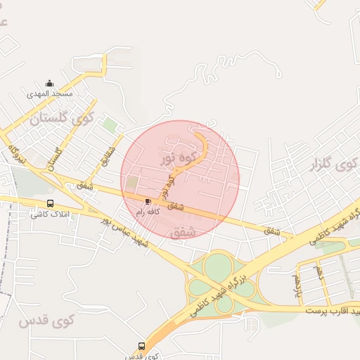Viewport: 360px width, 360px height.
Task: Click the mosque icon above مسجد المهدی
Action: click(49, 83)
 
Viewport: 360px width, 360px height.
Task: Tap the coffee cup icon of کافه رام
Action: click(147, 202)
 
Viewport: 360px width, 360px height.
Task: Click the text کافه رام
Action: click(149, 211)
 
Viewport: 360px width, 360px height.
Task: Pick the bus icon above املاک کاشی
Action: click(49, 205)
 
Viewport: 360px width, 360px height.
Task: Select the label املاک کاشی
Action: click(49, 214)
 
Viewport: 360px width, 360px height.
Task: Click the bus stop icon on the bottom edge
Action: click(142, 346)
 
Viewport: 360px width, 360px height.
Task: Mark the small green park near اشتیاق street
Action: click(110, 125)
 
